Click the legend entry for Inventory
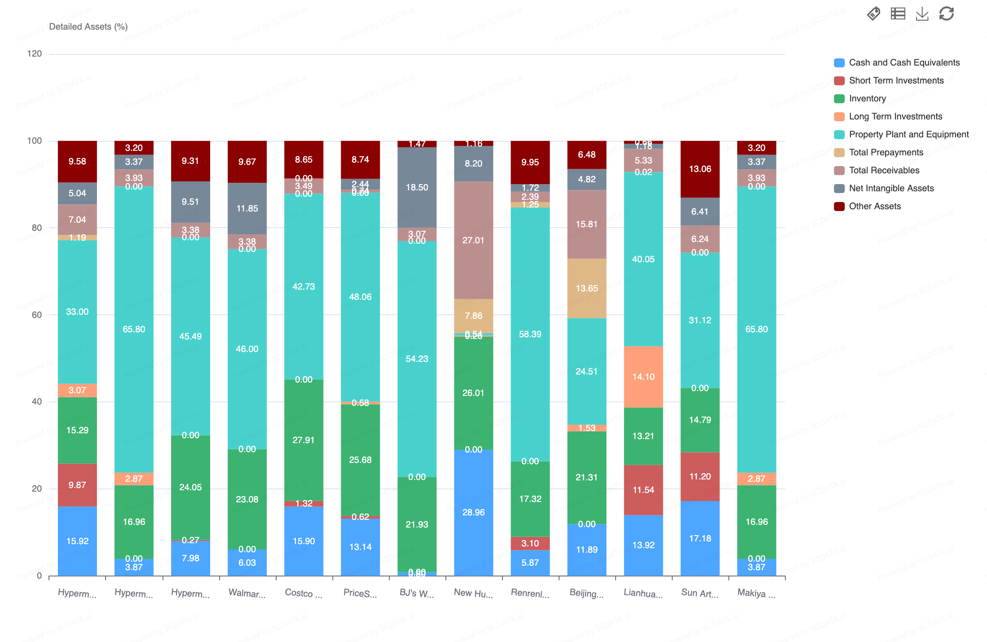(x=867, y=98)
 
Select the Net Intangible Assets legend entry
(x=891, y=188)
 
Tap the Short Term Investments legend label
(x=896, y=80)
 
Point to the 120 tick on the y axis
(x=35, y=54)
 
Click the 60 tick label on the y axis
(x=36, y=315)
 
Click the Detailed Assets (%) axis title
(x=88, y=26)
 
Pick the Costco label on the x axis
(x=304, y=593)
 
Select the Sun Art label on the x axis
(x=700, y=593)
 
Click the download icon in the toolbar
(x=922, y=13)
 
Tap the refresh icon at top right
(x=947, y=13)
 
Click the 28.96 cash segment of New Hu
(x=473, y=512)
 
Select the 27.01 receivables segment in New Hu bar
(x=473, y=240)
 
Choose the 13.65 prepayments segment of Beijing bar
(x=586, y=288)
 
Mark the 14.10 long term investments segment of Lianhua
(x=643, y=377)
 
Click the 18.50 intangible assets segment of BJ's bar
(x=417, y=187)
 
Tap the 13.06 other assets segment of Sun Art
(x=700, y=169)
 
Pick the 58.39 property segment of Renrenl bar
(x=530, y=334)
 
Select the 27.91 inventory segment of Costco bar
(x=304, y=440)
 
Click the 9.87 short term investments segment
(x=77, y=485)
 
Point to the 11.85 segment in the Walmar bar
(x=247, y=208)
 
